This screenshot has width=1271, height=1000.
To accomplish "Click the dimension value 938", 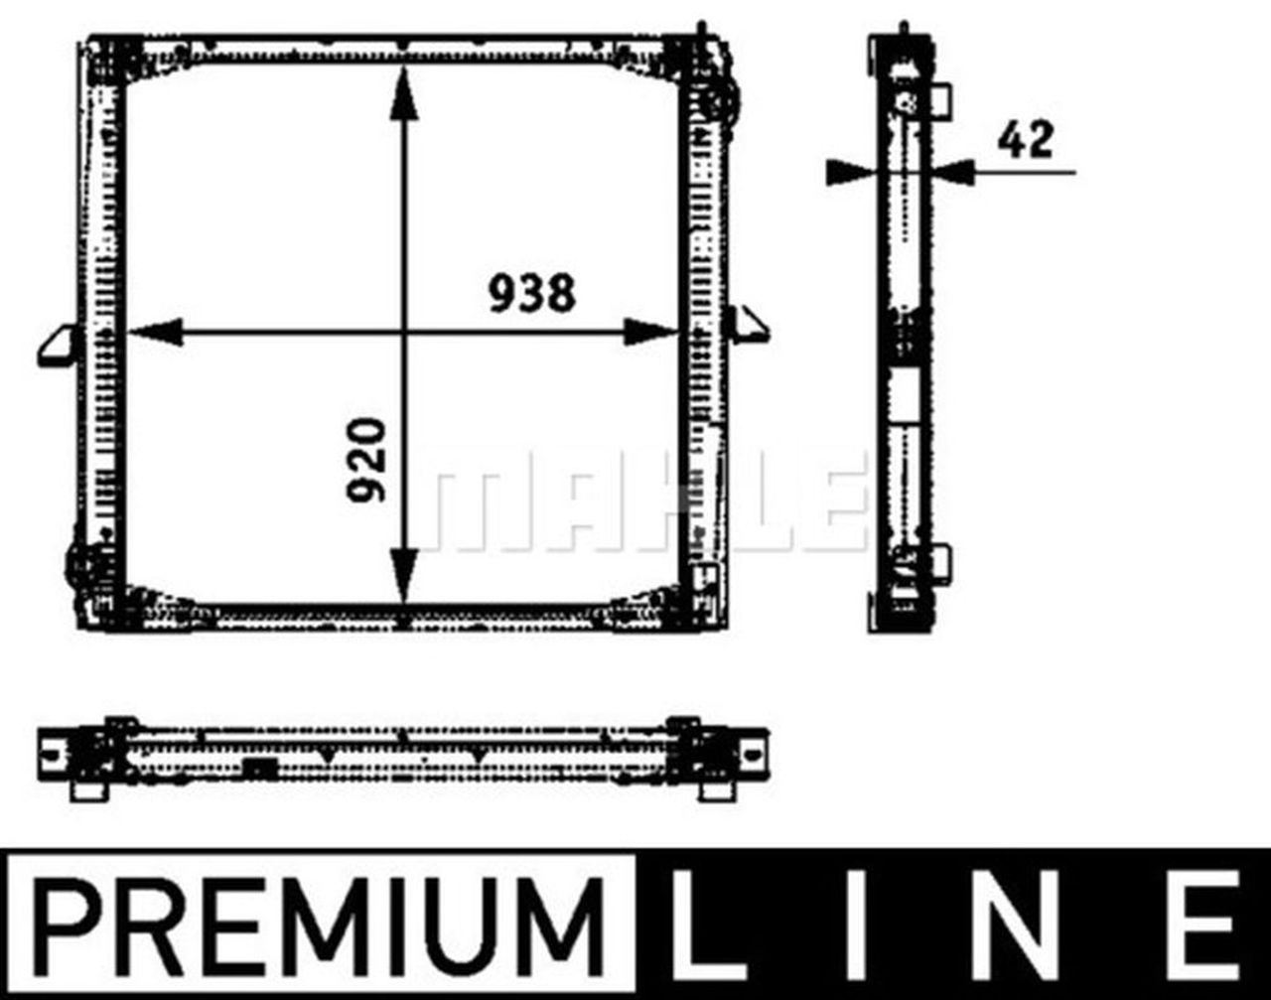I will [x=531, y=294].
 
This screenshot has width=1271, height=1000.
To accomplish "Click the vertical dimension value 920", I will [x=366, y=459].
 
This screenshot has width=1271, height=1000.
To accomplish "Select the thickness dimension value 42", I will [x=1025, y=139].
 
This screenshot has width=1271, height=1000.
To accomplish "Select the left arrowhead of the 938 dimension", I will [x=154, y=333].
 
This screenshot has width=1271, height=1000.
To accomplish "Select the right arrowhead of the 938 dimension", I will [x=650, y=333].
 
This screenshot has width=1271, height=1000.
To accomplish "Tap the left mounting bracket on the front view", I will [x=58, y=346].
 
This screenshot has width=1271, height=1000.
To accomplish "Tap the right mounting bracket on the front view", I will [x=747, y=326].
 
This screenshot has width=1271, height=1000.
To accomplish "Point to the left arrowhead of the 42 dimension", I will [x=849, y=172].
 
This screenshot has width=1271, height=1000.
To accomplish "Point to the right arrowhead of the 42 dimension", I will [x=955, y=172].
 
